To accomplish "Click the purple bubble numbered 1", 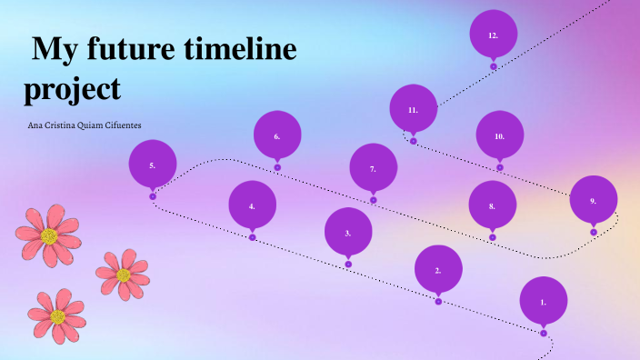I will pos(544,300).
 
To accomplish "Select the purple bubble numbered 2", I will pos(438,269).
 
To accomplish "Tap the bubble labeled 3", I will pos(348,232).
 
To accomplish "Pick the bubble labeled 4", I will pos(252,205).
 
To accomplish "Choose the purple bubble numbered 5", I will pos(153,165).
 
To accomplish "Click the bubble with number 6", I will pos(277,135).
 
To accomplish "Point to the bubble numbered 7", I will pos(373,168).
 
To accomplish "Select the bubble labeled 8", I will pos(492,205).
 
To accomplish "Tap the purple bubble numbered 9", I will pos(593,199).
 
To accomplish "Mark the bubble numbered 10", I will pos(499,135).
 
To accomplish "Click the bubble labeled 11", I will pos(413,109).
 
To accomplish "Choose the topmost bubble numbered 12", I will pos(493,35).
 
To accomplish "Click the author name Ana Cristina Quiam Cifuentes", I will pos(85,125).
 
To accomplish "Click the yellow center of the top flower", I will pos(49,236).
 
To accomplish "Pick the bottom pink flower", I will pos(57,315).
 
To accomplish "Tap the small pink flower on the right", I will pos(123,274).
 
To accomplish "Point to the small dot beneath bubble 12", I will pos(494,66).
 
